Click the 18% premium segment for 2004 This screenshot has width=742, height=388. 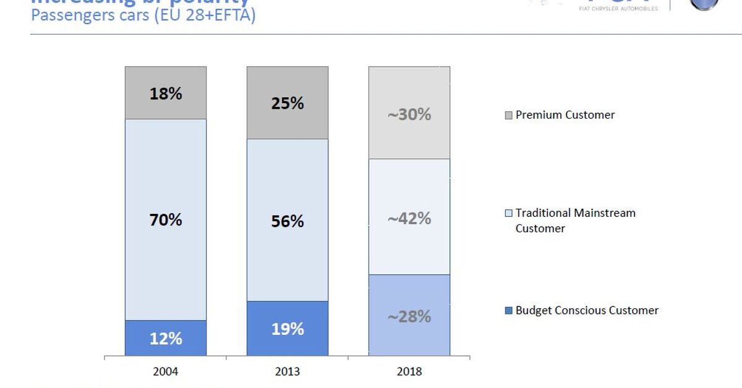click(166, 93)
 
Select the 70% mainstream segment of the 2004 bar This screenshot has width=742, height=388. click(166, 219)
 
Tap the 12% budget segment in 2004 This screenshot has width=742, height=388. click(166, 338)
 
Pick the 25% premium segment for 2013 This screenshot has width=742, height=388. click(288, 103)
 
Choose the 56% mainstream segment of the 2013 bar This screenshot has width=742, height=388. click(288, 221)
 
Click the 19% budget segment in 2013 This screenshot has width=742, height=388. click(288, 329)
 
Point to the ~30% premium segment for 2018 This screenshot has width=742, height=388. click(409, 114)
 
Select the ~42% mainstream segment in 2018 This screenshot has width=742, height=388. click(409, 217)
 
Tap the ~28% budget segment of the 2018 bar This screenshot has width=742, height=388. click(409, 316)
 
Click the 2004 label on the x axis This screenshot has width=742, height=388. click(166, 371)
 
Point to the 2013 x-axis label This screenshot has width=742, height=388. click(288, 371)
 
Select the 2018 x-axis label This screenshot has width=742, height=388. click(409, 371)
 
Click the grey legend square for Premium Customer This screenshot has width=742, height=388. click(509, 115)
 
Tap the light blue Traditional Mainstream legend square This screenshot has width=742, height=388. click(509, 213)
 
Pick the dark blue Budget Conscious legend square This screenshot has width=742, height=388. click(509, 311)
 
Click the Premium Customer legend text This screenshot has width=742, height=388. click(565, 115)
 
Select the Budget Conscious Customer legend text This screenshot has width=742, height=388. click(587, 311)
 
